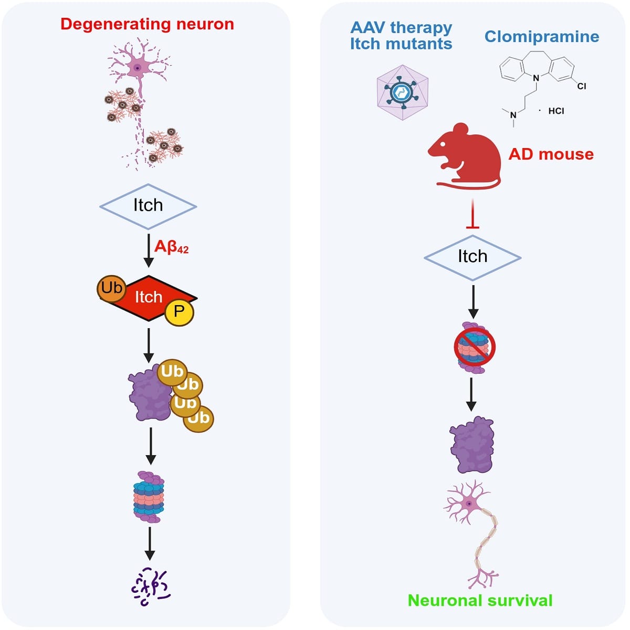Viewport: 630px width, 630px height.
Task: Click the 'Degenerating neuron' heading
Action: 147,24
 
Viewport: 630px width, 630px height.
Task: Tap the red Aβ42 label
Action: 171,247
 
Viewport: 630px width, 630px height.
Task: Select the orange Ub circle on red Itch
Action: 111,288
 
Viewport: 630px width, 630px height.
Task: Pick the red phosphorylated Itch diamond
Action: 149,298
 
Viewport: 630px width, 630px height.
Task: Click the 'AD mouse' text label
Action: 551,154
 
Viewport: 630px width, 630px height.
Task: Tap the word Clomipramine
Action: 542,37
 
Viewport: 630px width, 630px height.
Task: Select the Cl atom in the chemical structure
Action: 582,86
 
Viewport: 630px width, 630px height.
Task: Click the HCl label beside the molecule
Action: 556,111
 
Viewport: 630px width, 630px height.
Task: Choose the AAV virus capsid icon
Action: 403,92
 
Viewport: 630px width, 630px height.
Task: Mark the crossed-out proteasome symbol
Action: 475,348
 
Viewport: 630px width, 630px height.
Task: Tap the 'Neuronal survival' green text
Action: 480,601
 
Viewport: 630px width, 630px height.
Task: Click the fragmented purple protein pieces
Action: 151,587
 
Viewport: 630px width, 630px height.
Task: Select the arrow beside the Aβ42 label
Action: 149,251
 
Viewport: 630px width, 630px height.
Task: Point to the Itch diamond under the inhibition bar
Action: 472,258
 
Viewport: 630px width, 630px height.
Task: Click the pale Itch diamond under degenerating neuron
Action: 148,206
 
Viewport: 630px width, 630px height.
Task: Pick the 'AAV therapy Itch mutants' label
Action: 401,36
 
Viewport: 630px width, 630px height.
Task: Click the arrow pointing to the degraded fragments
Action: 150,543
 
